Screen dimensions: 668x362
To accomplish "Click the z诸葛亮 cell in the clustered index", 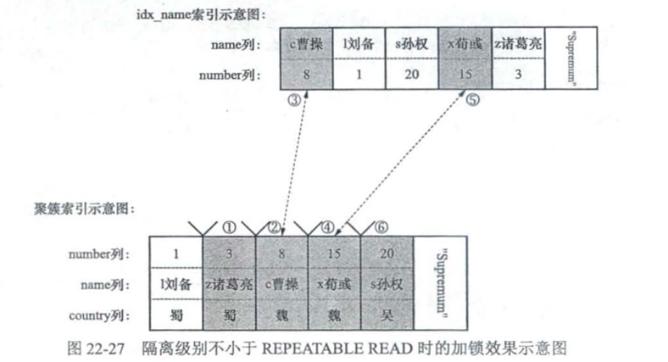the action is [x=229, y=284].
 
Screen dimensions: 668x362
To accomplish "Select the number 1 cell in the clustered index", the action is [x=175, y=253].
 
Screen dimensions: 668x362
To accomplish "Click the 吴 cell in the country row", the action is [x=387, y=315].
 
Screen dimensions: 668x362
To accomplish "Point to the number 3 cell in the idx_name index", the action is [x=518, y=75].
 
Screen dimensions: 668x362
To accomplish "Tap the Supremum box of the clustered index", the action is [x=446, y=284].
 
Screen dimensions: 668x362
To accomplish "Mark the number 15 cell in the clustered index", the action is [x=334, y=253].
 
